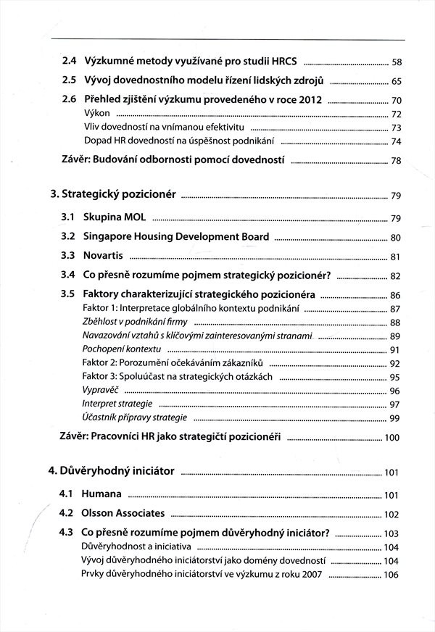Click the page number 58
coord(396,62)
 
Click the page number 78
coord(396,160)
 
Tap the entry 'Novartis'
coord(104,256)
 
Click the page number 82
coord(395,276)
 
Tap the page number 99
coord(395,418)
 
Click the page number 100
coord(392,438)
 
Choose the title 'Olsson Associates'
coord(124,514)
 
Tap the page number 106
coord(392,575)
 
